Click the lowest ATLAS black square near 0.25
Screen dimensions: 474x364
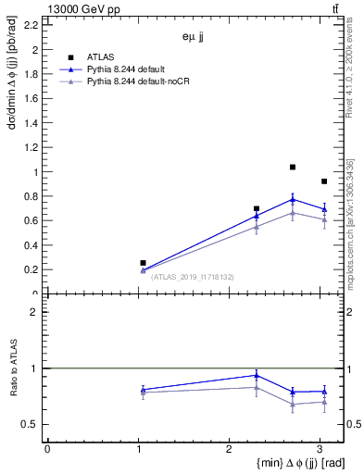pyautogui.click(x=143, y=263)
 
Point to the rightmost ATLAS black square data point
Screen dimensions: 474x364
pyautogui.click(x=323, y=181)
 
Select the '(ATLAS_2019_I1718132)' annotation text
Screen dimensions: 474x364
pyautogui.click(x=194, y=276)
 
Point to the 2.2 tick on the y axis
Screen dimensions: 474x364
pyautogui.click(x=33, y=25)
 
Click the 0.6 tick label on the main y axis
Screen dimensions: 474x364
pyautogui.click(x=33, y=220)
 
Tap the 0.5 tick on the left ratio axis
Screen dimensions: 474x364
pyautogui.click(x=33, y=424)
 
